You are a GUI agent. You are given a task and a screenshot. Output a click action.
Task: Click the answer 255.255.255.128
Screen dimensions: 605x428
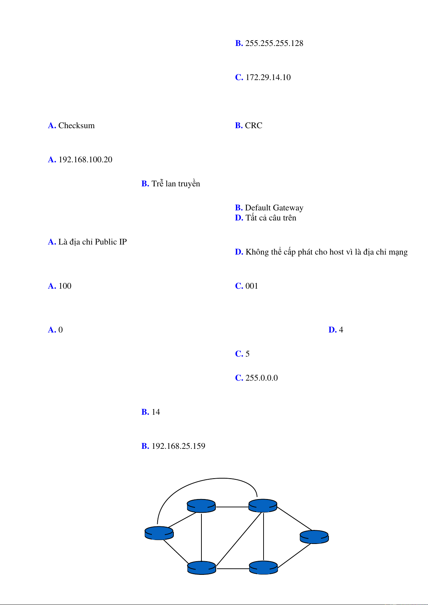pos(274,43)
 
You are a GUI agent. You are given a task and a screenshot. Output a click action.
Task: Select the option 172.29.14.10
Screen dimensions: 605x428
pos(268,78)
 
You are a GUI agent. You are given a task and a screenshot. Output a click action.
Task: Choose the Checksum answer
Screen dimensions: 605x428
pos(76,126)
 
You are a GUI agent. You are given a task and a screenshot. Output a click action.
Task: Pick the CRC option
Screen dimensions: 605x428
pos(253,126)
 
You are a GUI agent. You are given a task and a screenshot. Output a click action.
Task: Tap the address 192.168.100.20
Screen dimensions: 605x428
pos(85,160)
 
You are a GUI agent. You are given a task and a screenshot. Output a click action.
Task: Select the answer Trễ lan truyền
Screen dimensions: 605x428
pos(176,184)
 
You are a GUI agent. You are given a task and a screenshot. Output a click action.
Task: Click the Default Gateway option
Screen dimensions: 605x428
pos(274,208)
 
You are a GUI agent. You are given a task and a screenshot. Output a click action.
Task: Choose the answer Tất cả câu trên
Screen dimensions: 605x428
pos(271,218)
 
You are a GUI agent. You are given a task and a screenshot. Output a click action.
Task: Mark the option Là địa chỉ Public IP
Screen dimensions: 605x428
pos(92,242)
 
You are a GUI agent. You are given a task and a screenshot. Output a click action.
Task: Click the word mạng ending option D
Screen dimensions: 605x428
pos(398,252)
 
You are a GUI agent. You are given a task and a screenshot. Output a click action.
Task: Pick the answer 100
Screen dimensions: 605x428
pos(65,286)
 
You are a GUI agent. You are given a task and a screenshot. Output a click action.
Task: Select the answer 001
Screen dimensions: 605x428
pos(252,286)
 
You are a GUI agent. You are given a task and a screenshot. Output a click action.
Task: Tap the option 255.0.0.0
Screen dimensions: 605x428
pos(261,378)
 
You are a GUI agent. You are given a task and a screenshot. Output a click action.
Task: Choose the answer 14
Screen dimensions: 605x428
pos(155,412)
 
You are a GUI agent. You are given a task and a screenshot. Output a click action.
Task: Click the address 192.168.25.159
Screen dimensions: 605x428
pos(178,446)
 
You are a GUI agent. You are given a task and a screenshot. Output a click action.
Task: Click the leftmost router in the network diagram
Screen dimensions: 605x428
pos(159,533)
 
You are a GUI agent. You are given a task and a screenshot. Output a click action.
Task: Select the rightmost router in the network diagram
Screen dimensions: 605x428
pos(314,537)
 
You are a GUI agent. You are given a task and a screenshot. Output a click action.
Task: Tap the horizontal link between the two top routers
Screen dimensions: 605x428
pos(232,507)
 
